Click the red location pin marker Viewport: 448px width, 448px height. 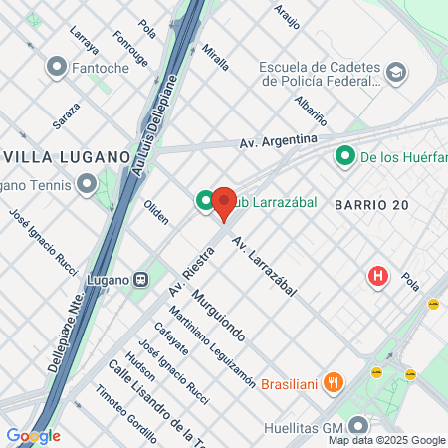pos(223,202)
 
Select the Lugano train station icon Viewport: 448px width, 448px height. pos(141,280)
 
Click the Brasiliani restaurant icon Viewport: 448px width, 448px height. pos(335,382)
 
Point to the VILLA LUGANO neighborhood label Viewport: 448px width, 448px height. pos(67,157)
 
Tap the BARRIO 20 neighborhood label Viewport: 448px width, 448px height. pos(372,203)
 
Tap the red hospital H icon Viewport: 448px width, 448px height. pos(378,276)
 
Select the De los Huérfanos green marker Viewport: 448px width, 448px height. pos(345,155)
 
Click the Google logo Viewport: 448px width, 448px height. pos(33,436)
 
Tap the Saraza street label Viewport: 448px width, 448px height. pos(66,118)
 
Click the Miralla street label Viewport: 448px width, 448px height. pos(215,57)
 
